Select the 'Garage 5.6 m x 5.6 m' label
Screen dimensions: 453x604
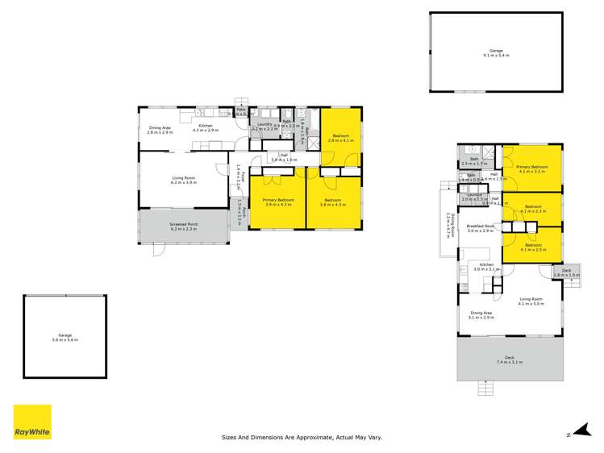tap(65, 336)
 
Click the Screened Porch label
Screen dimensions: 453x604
tap(184, 228)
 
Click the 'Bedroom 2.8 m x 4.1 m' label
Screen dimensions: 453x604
tap(340, 138)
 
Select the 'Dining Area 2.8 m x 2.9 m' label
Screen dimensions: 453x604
tap(160, 130)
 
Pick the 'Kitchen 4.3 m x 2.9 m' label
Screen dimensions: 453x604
tap(206, 128)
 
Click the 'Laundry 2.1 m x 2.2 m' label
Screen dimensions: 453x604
tap(262, 127)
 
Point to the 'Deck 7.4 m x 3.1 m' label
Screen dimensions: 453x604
tap(509, 360)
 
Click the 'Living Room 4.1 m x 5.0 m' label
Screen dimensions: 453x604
tap(531, 301)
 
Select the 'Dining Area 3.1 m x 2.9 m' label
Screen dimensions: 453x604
tap(481, 315)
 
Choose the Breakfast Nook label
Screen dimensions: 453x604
tap(480, 229)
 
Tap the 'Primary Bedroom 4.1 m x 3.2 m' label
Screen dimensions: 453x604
tap(532, 168)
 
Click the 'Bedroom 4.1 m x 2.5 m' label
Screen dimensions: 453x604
tap(533, 248)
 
